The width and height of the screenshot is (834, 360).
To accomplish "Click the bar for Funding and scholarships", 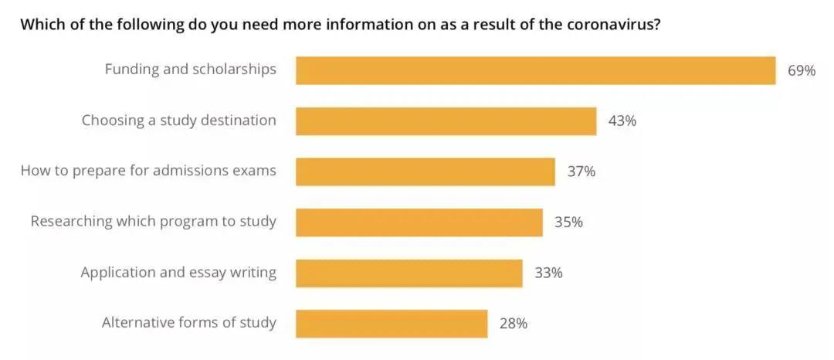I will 535,70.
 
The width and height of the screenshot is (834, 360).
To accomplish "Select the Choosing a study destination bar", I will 446,121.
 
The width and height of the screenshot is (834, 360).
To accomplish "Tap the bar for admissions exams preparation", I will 425,172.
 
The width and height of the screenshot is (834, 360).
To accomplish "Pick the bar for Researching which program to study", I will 419,222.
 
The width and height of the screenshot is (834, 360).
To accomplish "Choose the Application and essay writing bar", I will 409,273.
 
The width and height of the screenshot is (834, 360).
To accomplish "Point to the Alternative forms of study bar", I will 392,324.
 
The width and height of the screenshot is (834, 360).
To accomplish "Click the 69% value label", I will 802,70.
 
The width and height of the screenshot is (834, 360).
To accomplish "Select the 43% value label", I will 622,121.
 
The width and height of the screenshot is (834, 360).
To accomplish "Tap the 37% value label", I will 581,172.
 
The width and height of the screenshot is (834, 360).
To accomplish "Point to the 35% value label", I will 568,222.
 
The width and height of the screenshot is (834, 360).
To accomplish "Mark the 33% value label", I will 548,273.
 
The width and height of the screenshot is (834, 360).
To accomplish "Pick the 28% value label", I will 514,324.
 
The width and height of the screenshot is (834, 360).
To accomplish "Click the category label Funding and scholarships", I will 190,70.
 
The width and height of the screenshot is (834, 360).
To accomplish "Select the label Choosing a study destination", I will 178,121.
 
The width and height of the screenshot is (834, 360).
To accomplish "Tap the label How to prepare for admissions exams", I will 147,171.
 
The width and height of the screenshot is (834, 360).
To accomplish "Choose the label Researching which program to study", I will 153,222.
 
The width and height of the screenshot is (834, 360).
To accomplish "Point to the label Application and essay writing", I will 178,273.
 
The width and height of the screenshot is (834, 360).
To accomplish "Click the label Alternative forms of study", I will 188,323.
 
